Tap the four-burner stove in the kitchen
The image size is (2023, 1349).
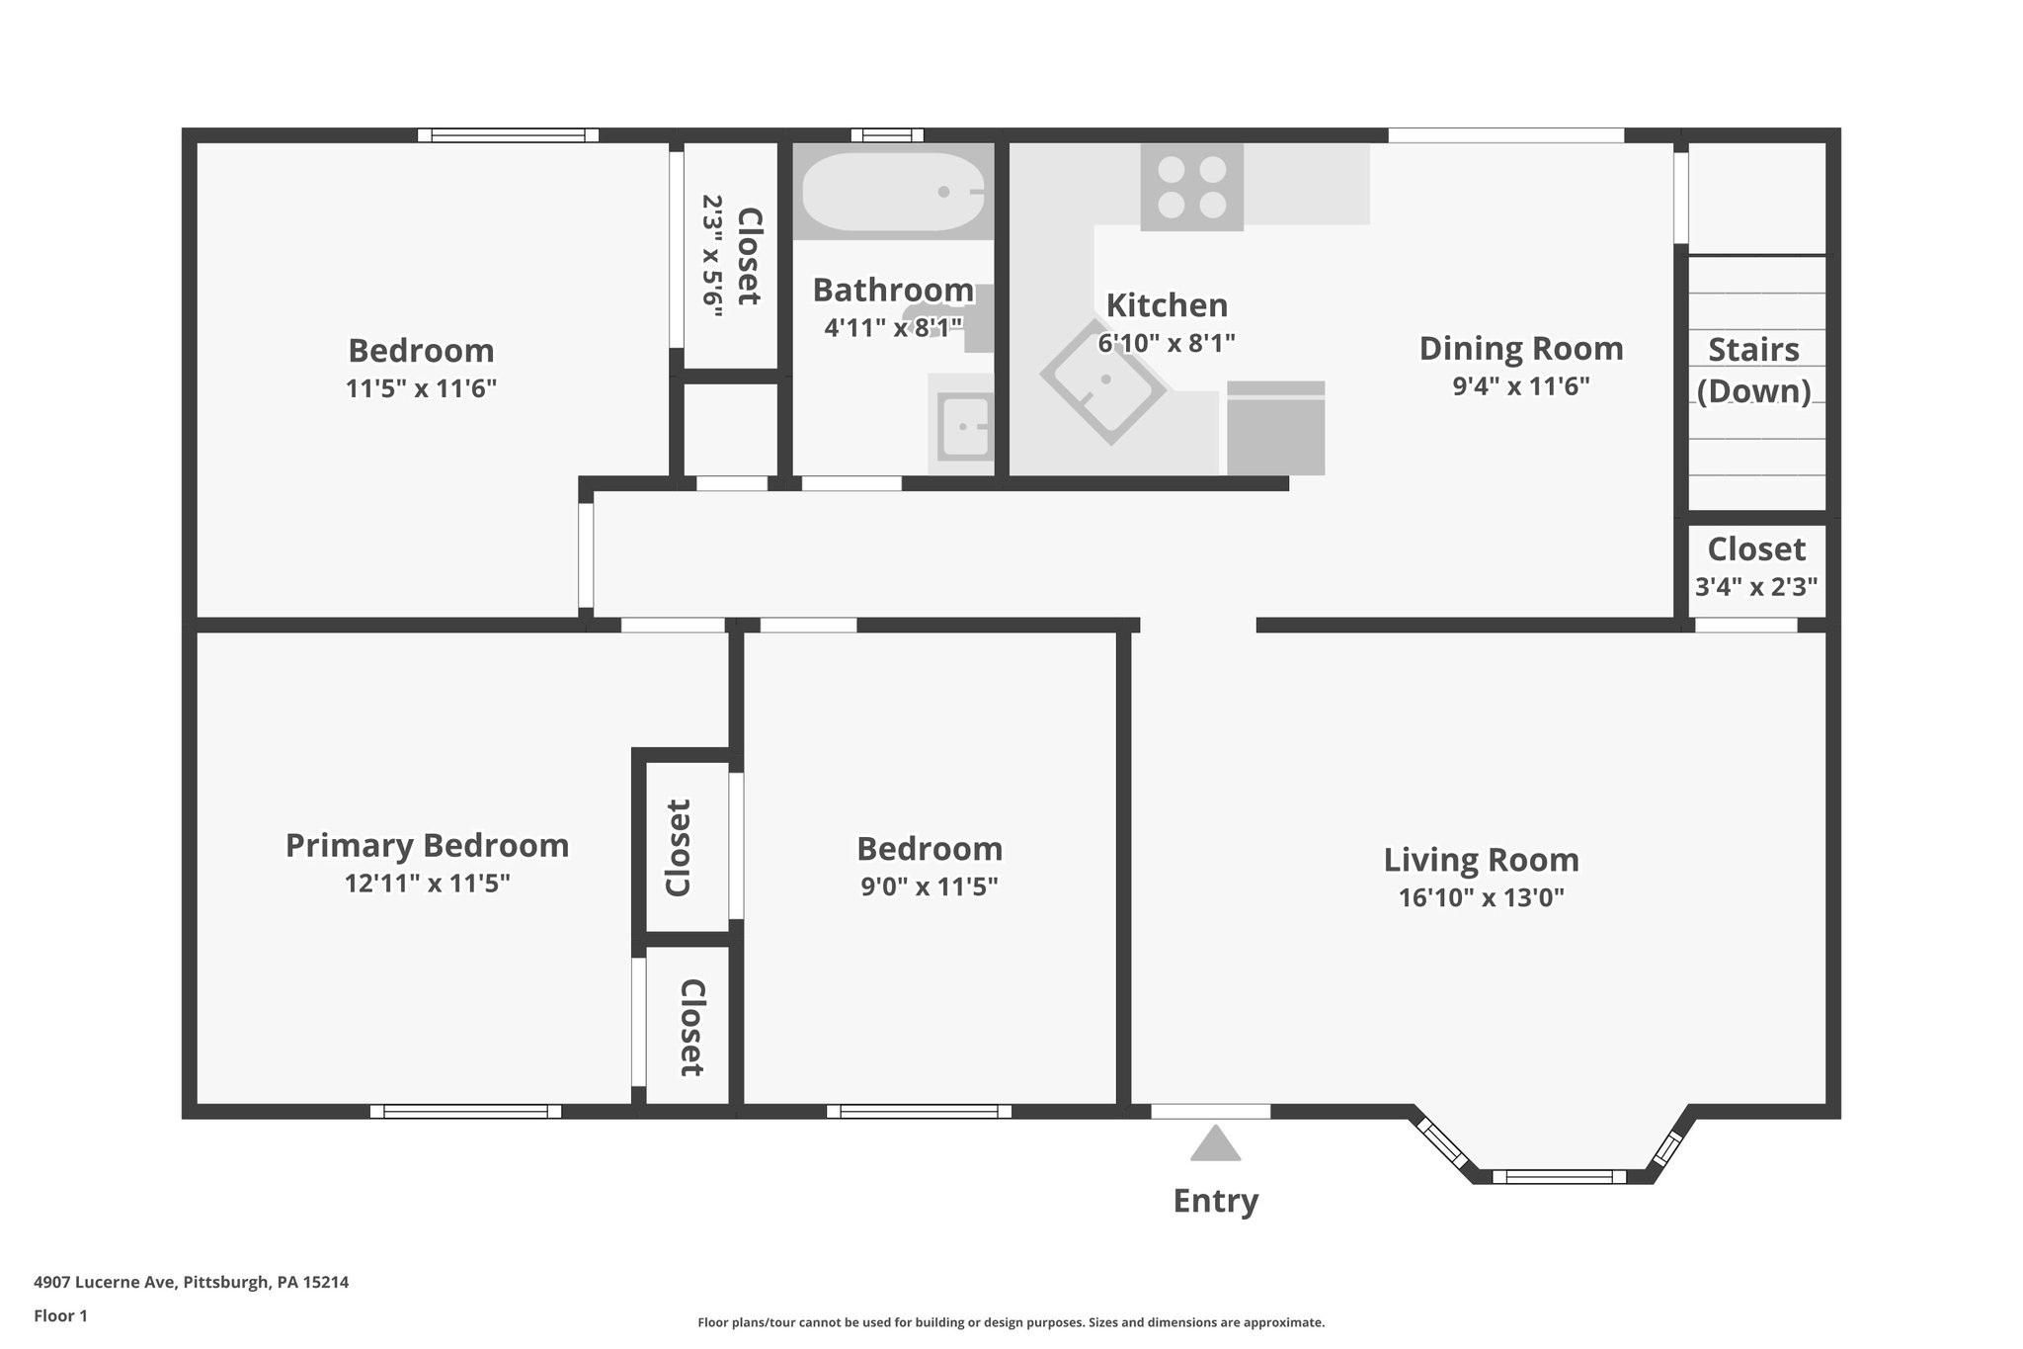1191,187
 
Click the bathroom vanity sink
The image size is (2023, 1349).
963,427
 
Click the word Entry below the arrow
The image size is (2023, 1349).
1215,1201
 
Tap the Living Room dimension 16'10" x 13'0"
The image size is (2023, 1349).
1481,897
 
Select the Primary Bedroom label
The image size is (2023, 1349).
427,846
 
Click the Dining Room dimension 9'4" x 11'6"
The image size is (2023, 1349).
1520,385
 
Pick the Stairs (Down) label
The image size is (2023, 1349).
1753,371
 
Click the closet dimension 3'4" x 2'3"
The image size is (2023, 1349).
1755,587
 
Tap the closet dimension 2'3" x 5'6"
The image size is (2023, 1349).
712,255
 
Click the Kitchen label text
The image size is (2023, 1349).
1167,305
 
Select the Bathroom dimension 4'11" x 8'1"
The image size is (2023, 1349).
893,327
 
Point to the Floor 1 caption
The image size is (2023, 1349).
60,1315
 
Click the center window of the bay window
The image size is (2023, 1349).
1558,1176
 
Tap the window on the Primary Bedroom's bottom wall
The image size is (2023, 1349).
465,1112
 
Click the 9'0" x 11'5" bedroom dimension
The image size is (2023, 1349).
929,886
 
